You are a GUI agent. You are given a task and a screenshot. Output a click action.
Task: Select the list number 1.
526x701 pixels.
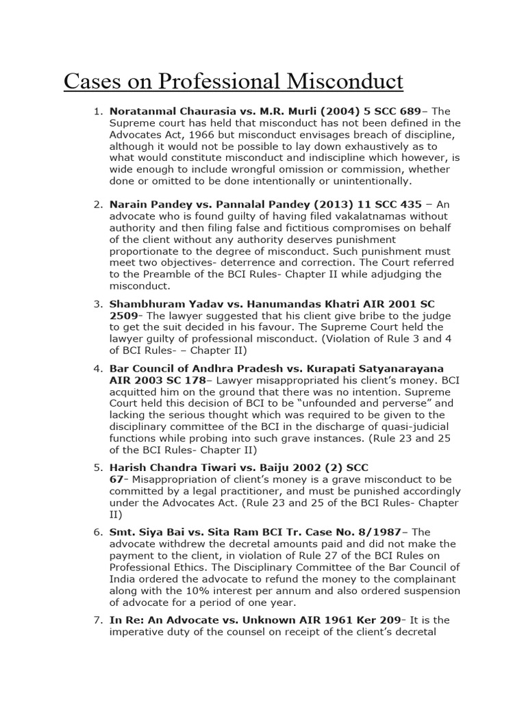point(97,112)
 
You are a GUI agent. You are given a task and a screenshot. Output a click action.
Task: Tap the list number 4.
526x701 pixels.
point(97,368)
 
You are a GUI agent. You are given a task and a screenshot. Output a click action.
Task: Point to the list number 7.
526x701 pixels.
point(97,620)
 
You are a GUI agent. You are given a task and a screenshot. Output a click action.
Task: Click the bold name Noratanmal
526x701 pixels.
point(142,112)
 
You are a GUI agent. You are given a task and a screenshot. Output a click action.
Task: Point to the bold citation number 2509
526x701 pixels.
point(123,315)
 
